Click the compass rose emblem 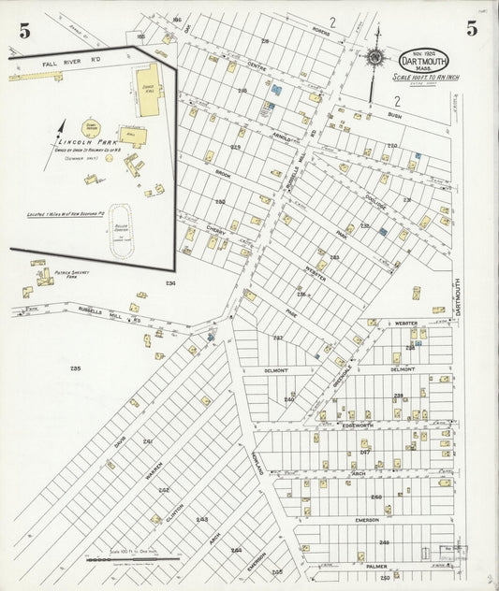(x=375, y=57)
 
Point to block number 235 (x=75, y=368)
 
